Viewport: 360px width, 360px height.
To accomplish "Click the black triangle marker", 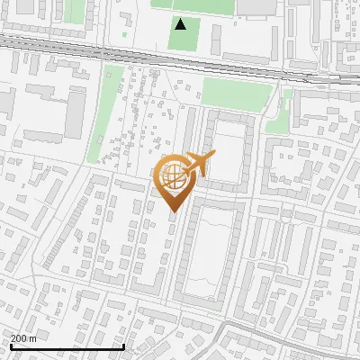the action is click(182, 24).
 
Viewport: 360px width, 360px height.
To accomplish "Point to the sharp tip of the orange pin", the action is click(173, 212).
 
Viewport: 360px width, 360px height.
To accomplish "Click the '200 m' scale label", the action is click(23, 338).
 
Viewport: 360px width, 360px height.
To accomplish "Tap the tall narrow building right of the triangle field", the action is click(217, 37).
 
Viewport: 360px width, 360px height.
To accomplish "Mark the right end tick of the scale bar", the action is click(123, 346).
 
